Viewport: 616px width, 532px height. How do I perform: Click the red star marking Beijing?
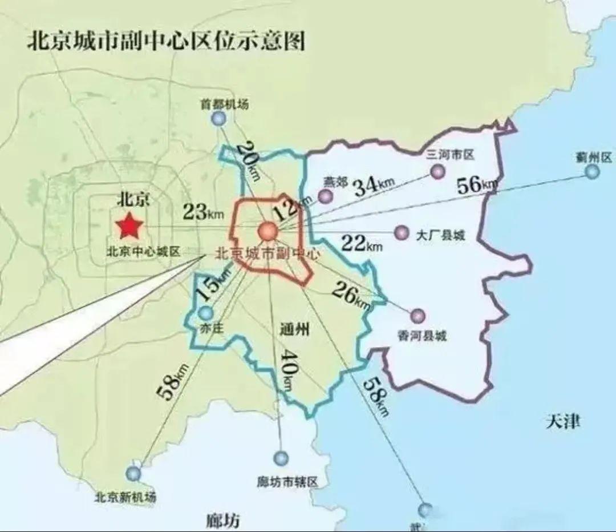click(x=129, y=227)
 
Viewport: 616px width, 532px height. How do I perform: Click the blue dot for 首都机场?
click(x=218, y=119)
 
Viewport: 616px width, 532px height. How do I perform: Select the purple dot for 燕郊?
click(x=325, y=196)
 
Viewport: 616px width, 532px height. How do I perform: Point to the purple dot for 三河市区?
click(x=437, y=171)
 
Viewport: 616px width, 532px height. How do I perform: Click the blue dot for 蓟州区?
click(x=593, y=171)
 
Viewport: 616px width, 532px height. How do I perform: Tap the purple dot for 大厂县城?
click(x=402, y=232)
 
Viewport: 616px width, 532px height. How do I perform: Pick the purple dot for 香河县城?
click(x=418, y=316)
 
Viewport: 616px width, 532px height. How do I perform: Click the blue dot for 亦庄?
click(x=205, y=313)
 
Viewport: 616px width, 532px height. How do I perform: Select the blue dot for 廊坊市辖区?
click(x=281, y=458)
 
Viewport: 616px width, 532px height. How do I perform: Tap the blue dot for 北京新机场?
click(x=133, y=473)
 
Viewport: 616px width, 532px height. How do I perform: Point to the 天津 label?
click(x=563, y=422)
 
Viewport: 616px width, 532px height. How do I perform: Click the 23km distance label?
click(x=203, y=212)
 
